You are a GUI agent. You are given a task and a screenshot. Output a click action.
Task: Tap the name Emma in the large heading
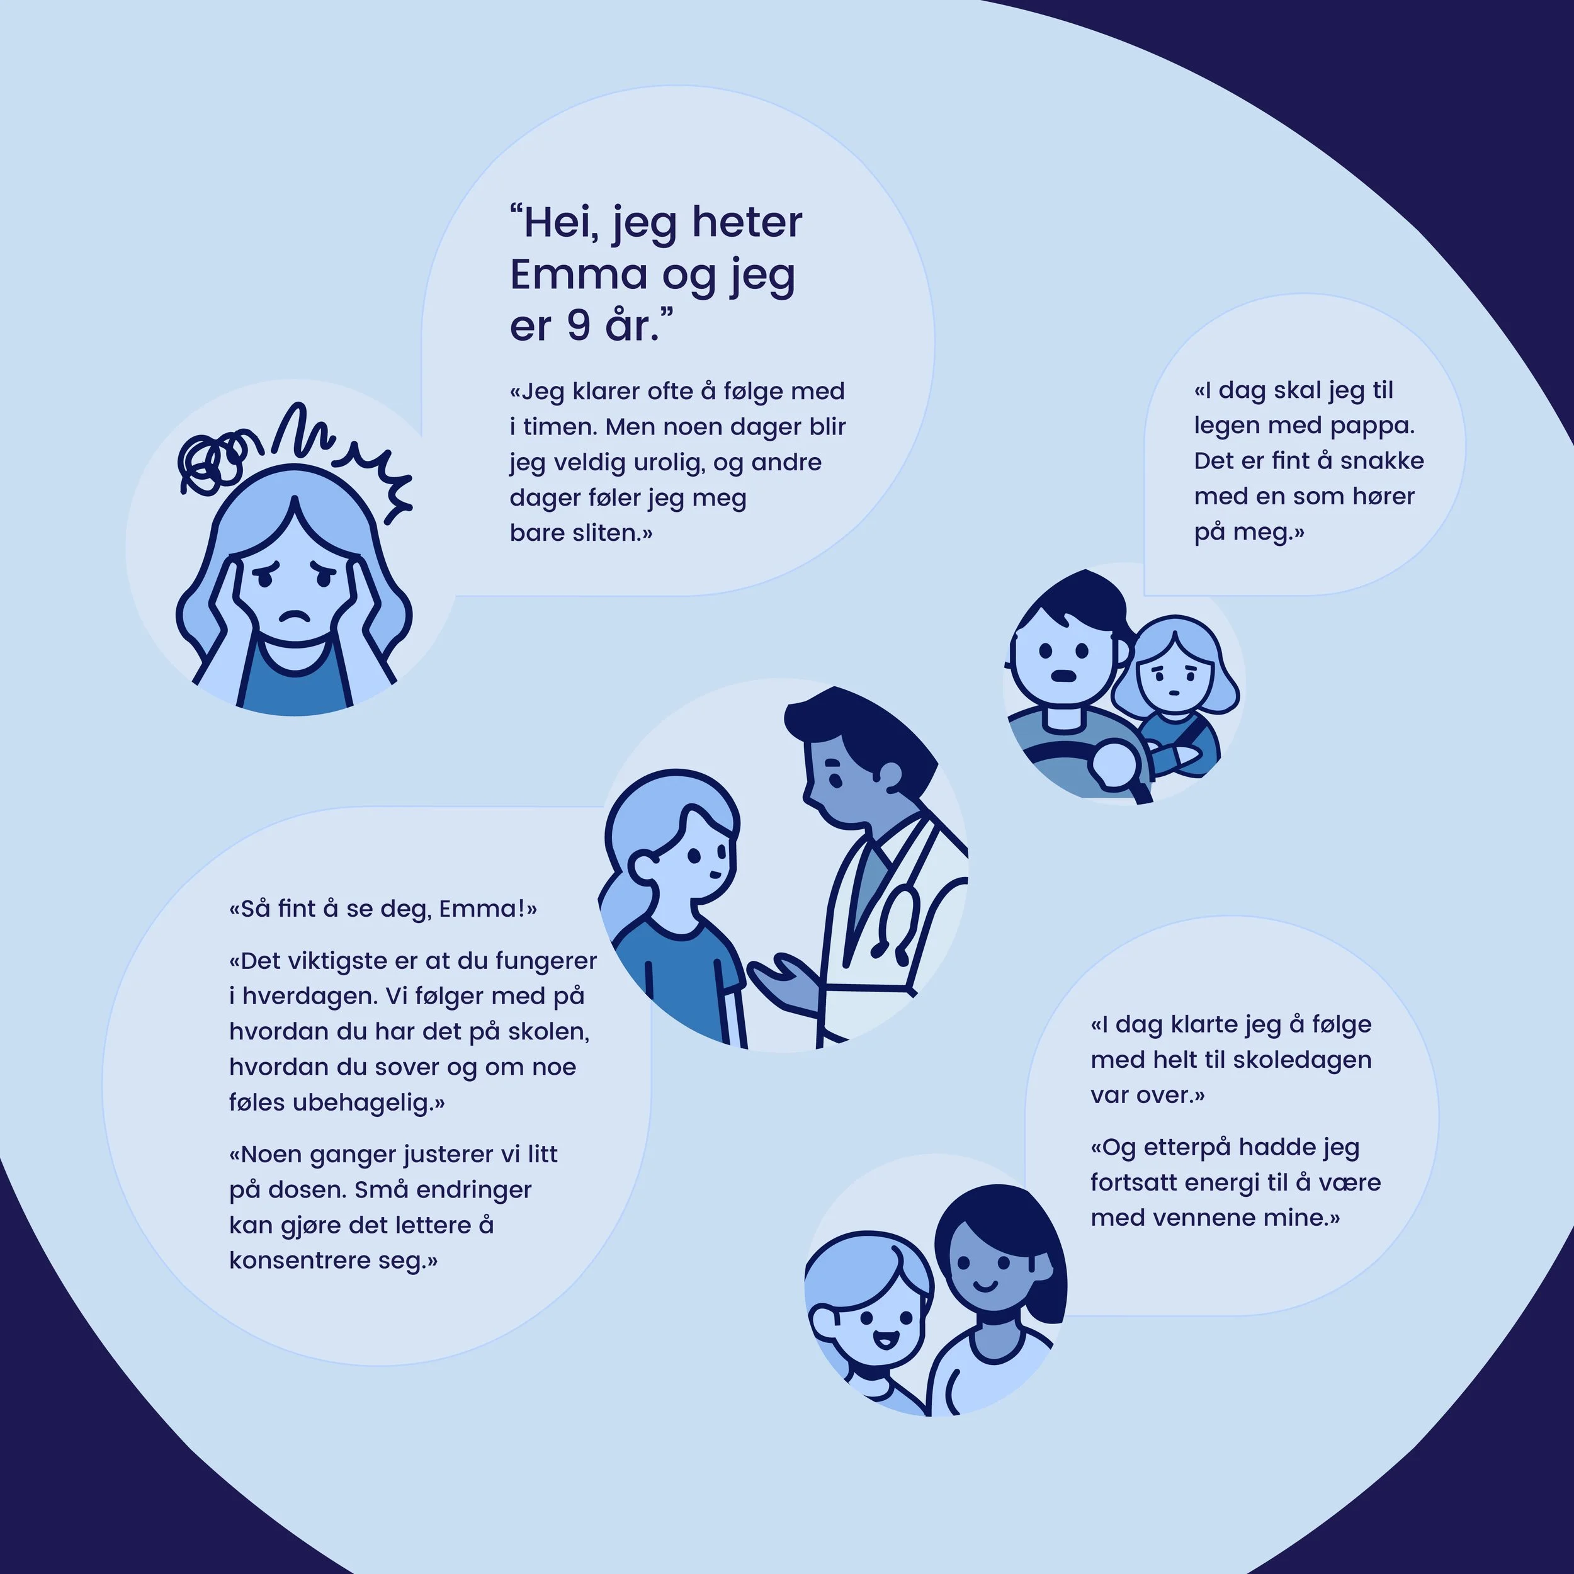tap(579, 275)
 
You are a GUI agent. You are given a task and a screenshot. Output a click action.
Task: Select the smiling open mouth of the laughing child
tap(884, 1339)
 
